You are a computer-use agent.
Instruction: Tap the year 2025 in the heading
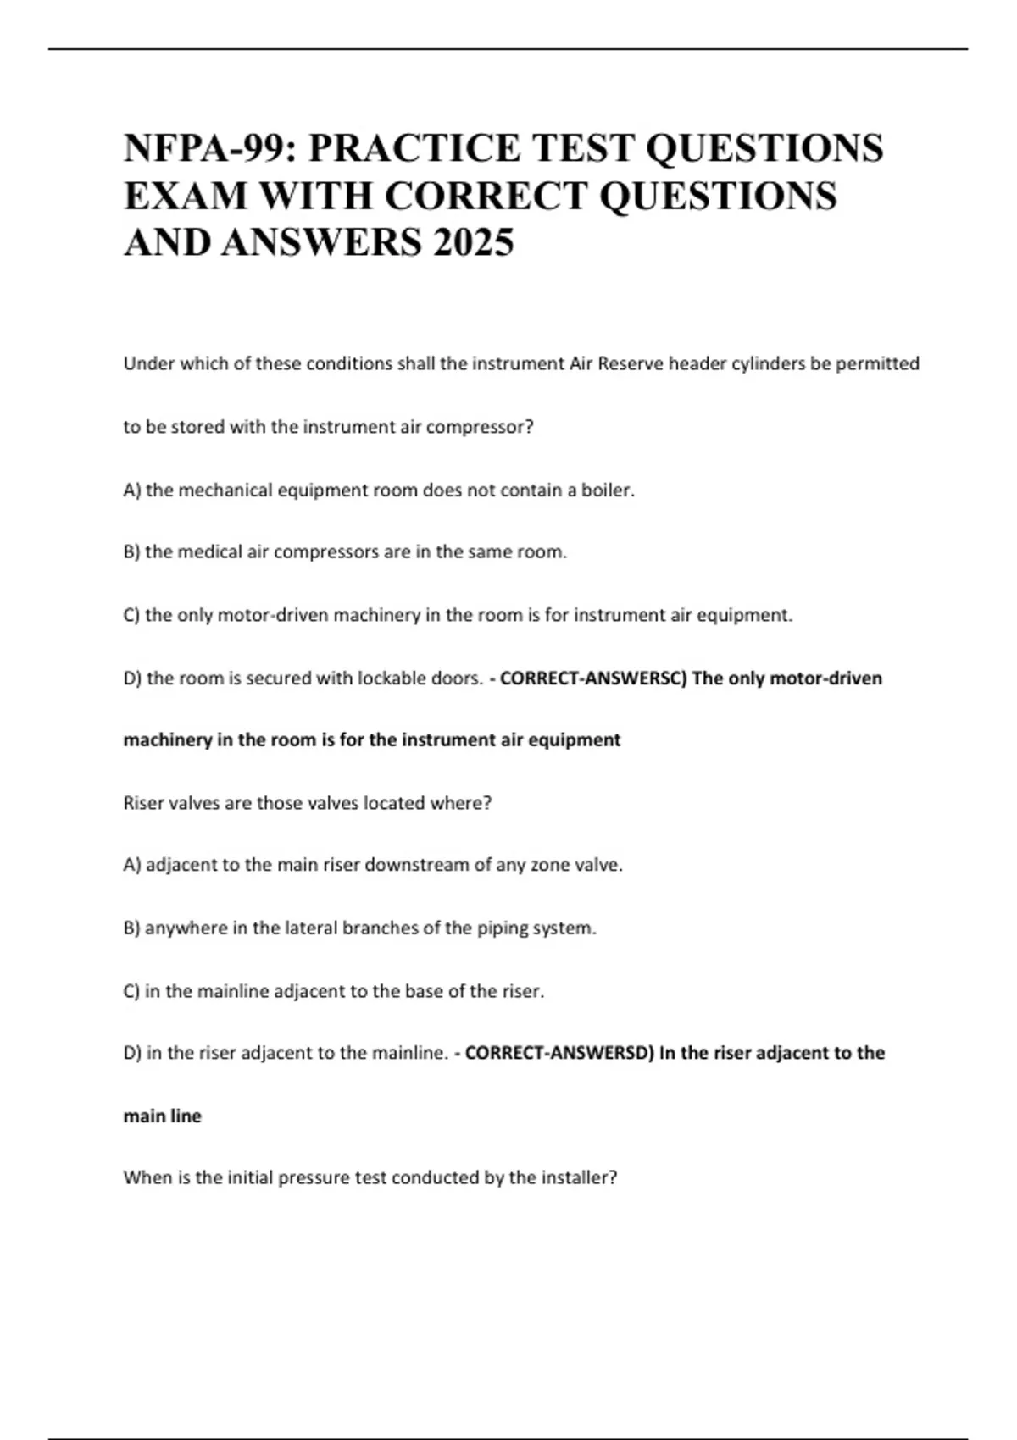pos(473,243)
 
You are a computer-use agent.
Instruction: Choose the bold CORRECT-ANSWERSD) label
pos(559,1053)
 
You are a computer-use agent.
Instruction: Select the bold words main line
pos(163,1116)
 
